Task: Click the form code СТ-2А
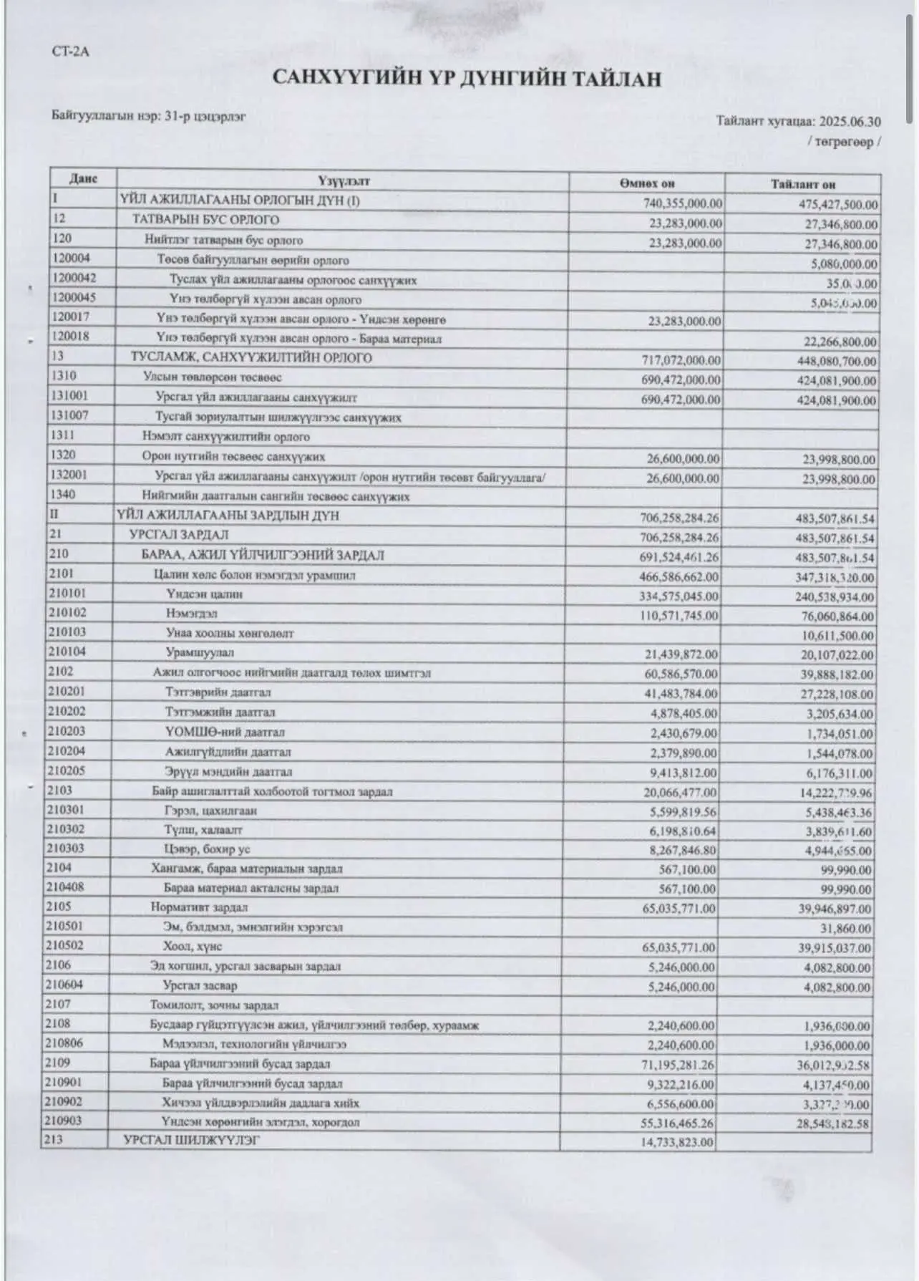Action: point(70,52)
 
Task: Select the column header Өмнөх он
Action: point(647,184)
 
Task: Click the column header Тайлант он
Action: point(803,184)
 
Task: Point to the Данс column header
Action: point(83,179)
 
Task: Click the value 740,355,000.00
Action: point(683,204)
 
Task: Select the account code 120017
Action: point(71,316)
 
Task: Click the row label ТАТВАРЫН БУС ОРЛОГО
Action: point(205,220)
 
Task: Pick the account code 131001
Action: point(70,395)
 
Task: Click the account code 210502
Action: point(64,945)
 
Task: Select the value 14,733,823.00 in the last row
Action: point(677,1143)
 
